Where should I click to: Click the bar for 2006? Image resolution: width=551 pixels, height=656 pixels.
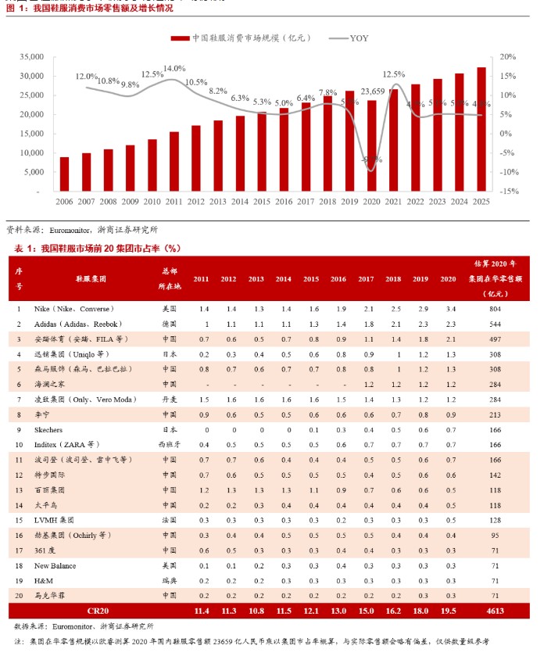[64, 174]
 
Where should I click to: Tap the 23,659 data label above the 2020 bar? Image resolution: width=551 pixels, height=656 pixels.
[373, 91]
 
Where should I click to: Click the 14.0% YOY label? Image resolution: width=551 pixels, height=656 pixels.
[174, 69]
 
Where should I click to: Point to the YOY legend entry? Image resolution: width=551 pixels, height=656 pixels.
[349, 38]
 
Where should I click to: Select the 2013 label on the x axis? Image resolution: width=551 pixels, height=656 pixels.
[217, 202]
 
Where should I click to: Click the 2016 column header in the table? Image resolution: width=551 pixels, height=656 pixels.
[338, 278]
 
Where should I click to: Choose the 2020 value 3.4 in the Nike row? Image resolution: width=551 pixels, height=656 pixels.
[448, 310]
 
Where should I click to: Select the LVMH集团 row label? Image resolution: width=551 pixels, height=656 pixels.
[54, 519]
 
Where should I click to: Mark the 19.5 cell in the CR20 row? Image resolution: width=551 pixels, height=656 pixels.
[448, 609]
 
